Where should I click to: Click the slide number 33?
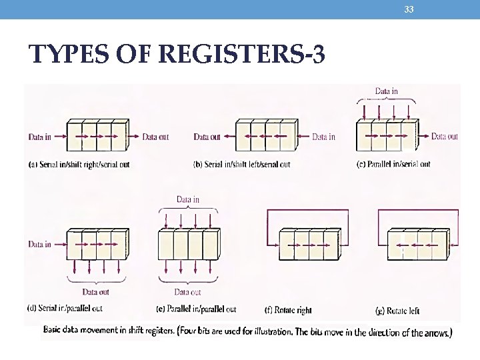pos(409,9)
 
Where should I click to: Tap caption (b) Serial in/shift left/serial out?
pos(241,164)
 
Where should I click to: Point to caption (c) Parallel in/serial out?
pos(393,164)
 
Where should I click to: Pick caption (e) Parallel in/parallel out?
pos(196,309)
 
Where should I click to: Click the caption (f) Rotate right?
pos(288,310)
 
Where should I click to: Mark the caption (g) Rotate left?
pos(397,310)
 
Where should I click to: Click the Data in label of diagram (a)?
pos(39,137)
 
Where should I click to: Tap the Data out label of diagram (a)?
pos(155,137)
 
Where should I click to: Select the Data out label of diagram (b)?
pos(207,137)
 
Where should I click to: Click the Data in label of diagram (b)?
pos(323,137)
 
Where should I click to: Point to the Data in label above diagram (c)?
pos(387,91)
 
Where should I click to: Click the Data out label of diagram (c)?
pos(445,137)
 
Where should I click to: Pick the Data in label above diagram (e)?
pos(187,199)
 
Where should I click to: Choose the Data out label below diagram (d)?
pos(95,292)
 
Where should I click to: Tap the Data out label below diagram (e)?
pos(187,292)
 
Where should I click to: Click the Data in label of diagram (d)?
pos(39,244)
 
